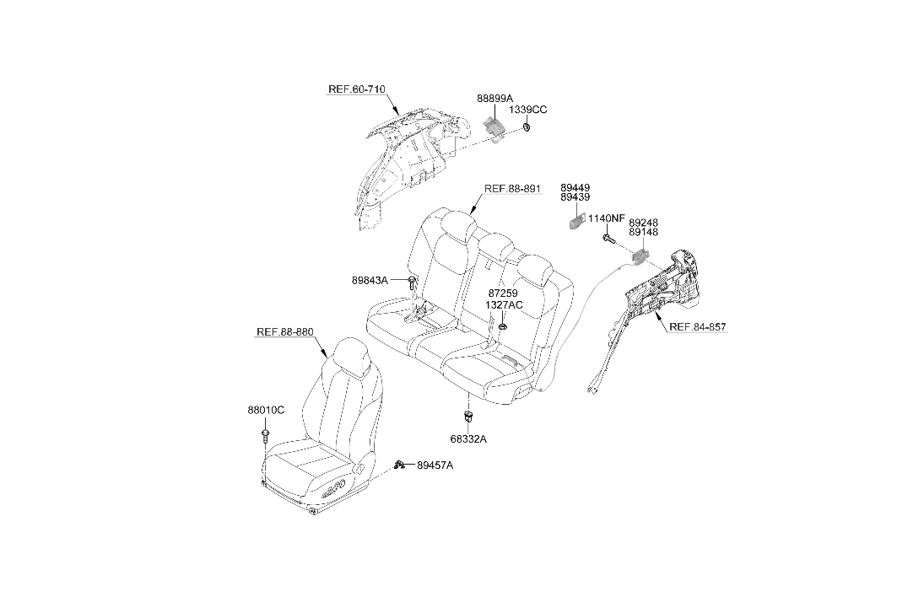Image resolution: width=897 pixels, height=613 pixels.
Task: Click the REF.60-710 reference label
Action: coord(356,89)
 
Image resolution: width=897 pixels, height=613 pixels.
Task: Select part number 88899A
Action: coord(495,99)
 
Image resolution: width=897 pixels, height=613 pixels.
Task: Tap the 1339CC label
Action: coord(528,110)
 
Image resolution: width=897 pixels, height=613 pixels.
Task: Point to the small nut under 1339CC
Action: coord(527,127)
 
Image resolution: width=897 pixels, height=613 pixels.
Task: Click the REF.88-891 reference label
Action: coord(512,188)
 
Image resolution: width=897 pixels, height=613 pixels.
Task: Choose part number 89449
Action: coord(575,187)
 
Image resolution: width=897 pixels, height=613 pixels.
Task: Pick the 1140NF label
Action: coord(607,218)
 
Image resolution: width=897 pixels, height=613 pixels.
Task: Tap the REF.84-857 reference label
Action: coord(698,327)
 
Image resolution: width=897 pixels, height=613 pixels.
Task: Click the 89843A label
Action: coord(370,280)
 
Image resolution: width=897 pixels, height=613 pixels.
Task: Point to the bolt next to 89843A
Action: coord(413,282)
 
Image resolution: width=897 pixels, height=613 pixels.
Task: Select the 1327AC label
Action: coord(504,304)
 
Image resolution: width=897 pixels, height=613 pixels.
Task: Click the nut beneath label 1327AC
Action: coord(503,326)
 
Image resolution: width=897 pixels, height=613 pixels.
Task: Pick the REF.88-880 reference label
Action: coord(285,331)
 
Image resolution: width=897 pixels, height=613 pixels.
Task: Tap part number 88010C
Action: coord(266,410)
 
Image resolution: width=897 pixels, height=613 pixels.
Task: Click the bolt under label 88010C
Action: coord(265,434)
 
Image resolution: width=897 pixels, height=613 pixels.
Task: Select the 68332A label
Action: coord(469,439)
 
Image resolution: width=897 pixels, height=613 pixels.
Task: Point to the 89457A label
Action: coord(435,465)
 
